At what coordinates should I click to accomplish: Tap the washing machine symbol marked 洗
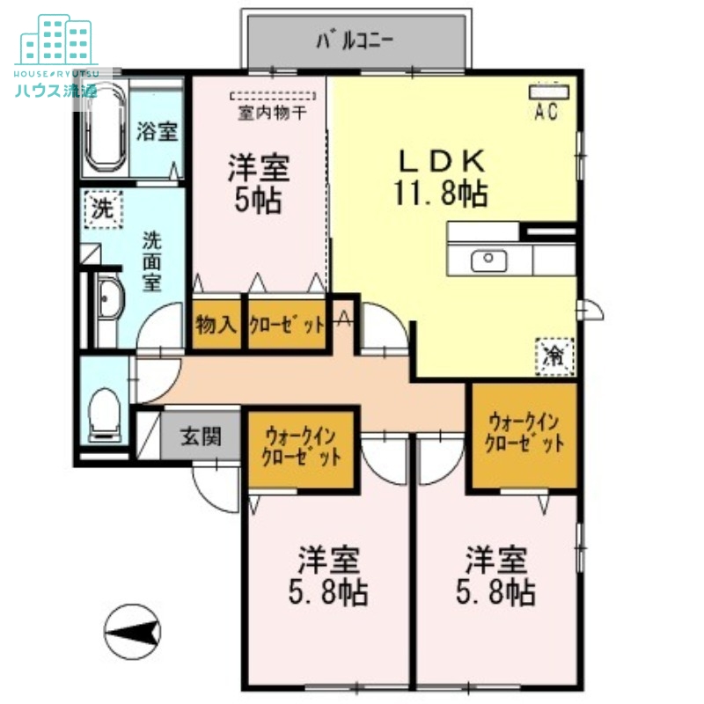click(104, 209)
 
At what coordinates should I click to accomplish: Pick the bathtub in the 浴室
click(105, 128)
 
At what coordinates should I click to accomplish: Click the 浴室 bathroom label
click(158, 132)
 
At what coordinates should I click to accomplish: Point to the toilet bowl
click(105, 411)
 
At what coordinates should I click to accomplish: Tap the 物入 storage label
click(216, 324)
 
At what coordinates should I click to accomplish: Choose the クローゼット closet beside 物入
click(286, 324)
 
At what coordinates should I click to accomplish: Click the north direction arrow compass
click(131, 629)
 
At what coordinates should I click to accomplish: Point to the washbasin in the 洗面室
click(110, 304)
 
